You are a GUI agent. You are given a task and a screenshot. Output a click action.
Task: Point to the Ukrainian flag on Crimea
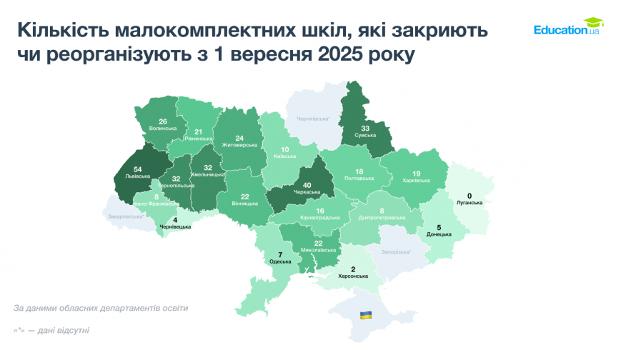pyautogui.click(x=365, y=314)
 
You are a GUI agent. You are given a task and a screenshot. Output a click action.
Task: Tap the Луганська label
pyautogui.click(x=470, y=203)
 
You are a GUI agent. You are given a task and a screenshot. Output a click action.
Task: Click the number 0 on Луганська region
pyautogui.click(x=470, y=196)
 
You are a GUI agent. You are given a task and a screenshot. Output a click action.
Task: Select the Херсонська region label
pyautogui.click(x=353, y=276)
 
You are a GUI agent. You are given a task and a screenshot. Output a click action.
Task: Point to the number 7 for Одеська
pyautogui.click(x=280, y=255)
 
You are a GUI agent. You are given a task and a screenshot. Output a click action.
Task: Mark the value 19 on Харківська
pyautogui.click(x=417, y=173)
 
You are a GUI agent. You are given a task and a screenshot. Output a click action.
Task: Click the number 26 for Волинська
pyautogui.click(x=163, y=121)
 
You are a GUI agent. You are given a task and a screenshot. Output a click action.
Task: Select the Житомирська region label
pyautogui.click(x=239, y=145)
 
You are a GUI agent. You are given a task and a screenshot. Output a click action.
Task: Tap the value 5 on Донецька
pyautogui.click(x=439, y=227)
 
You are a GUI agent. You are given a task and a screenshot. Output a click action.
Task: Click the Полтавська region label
pyautogui.click(x=359, y=179)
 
